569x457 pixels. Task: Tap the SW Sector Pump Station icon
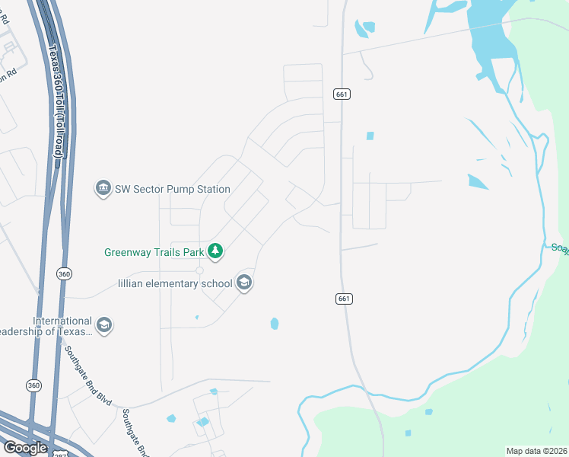point(103,188)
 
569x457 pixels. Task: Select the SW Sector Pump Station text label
point(172,188)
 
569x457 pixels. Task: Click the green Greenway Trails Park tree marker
point(215,251)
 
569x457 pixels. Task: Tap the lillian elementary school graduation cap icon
point(244,283)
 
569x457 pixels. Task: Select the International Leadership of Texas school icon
point(104,326)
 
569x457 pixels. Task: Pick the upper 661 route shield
point(342,94)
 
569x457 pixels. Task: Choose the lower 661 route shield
point(343,299)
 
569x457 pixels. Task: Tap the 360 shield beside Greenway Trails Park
point(64,273)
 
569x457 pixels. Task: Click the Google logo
point(25,448)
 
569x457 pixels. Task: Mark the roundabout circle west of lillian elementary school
point(200,270)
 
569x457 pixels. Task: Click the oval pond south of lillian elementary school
point(274,324)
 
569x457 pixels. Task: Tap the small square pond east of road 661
point(370,136)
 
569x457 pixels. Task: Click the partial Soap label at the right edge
point(560,249)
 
